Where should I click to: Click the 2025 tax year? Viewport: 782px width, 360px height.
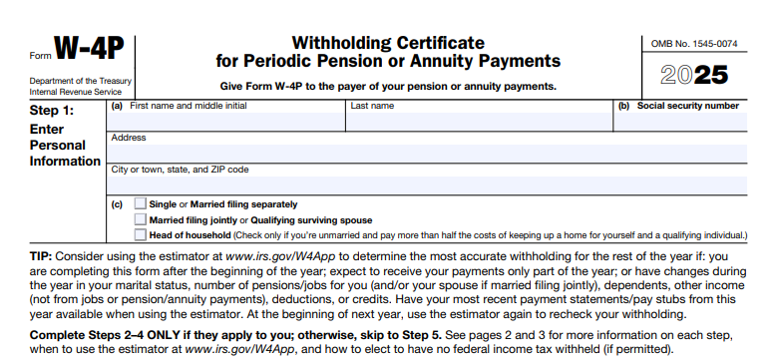[694, 75]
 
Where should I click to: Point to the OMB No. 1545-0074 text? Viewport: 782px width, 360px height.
[694, 43]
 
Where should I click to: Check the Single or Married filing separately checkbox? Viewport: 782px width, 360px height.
[140, 204]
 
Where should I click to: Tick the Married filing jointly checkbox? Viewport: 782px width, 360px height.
[140, 219]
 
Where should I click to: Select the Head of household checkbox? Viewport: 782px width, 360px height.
[140, 234]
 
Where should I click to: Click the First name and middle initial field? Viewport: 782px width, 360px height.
[225, 122]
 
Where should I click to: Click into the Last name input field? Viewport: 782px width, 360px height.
[479, 122]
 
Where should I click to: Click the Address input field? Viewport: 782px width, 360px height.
[429, 154]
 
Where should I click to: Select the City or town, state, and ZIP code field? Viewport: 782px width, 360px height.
[429, 185]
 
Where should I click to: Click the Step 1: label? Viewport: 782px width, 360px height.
[52, 111]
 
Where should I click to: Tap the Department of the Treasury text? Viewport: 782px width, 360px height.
[81, 81]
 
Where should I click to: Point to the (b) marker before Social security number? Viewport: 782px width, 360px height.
[623, 106]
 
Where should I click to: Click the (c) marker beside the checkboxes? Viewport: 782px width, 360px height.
[117, 204]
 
